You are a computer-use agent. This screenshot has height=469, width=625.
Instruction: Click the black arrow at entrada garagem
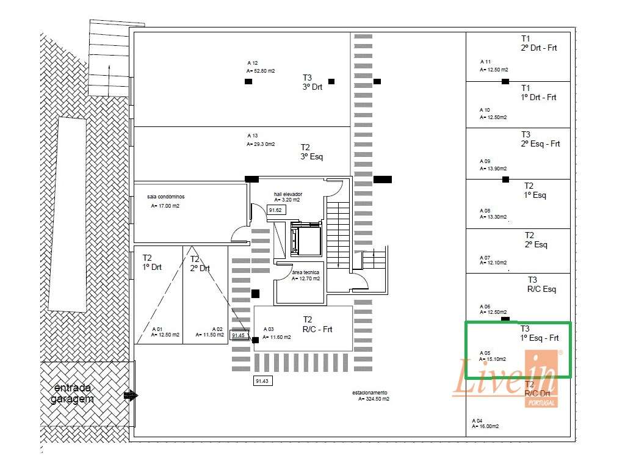coord(131,395)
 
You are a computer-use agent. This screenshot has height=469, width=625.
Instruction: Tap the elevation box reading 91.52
coord(275,210)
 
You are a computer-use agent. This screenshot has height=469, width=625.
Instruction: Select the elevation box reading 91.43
coord(262,380)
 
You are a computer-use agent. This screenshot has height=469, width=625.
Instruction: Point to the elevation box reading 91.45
coord(239,335)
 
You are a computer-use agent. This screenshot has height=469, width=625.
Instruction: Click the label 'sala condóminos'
coord(165,197)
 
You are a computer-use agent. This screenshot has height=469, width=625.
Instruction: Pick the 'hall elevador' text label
coord(288,194)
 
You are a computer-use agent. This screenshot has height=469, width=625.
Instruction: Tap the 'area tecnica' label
coord(306,272)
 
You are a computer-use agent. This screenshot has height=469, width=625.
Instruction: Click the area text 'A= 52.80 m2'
coord(261,71)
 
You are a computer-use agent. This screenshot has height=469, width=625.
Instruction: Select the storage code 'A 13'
coord(253,136)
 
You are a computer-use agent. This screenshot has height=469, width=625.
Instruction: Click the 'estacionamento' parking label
coord(370,392)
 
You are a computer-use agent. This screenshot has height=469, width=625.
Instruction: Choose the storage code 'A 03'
coord(269,329)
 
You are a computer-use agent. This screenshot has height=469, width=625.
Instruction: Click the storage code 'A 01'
coord(157,329)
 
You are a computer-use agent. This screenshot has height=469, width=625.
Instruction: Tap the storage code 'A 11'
coord(486,62)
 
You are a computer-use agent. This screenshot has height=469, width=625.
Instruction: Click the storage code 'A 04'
coord(477,421)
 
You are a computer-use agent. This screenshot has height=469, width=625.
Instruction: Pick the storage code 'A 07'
coord(485,257)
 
